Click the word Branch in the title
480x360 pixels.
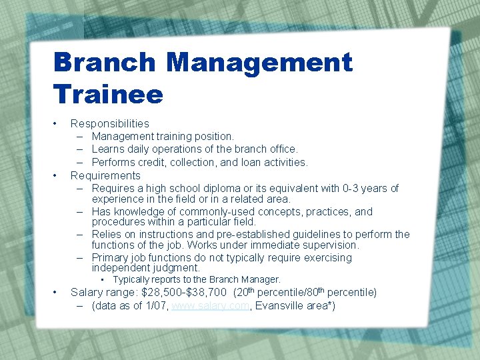point(105,63)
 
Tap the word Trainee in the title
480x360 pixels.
point(108,94)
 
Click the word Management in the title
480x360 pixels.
point(259,63)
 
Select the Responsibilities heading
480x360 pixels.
point(109,123)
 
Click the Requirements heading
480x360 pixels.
point(105,175)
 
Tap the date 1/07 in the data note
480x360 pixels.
point(157,305)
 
